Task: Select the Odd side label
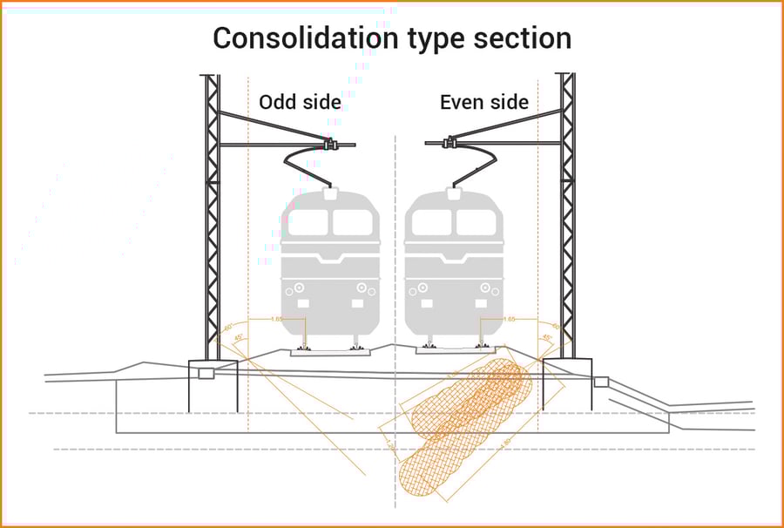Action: [300, 103]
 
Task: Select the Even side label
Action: [483, 103]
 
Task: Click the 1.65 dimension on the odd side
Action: [277, 320]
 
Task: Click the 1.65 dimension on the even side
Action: [510, 320]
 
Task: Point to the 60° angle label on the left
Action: [228, 328]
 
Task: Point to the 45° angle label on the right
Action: [547, 338]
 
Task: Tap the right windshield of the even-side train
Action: [477, 223]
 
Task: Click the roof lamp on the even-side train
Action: [453, 194]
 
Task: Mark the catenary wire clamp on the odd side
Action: [330, 143]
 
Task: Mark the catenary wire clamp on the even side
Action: [450, 142]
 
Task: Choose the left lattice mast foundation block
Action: [212, 383]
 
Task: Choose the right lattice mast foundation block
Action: [568, 383]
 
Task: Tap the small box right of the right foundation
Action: [601, 382]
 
